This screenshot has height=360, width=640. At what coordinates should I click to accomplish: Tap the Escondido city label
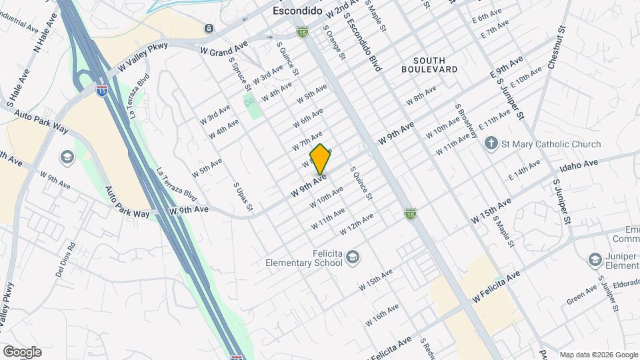coord(298,12)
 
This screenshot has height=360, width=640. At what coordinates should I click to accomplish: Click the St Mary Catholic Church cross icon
coord(491,143)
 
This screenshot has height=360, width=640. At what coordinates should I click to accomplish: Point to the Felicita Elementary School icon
coord(353,257)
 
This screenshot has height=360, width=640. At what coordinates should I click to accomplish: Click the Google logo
coord(22,352)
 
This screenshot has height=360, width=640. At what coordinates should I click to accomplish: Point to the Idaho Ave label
coord(580,166)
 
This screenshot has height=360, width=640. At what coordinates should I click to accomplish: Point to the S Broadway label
coord(466,121)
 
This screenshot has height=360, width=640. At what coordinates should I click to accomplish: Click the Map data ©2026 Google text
coord(598,355)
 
